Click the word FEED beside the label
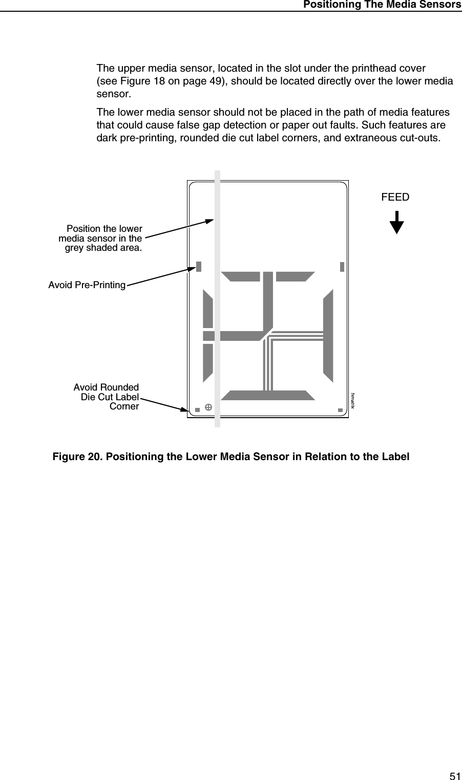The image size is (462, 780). pyautogui.click(x=395, y=197)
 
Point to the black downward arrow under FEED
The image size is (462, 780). pyautogui.click(x=396, y=223)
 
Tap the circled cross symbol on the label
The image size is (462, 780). pyautogui.click(x=208, y=407)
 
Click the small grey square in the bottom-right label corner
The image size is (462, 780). pyautogui.click(x=340, y=409)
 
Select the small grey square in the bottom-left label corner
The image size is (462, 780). pyautogui.click(x=197, y=409)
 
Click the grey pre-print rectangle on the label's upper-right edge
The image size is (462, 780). pyautogui.click(x=342, y=267)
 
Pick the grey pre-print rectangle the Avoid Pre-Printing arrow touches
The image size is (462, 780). pyautogui.click(x=199, y=267)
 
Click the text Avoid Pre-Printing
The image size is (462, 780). pyautogui.click(x=87, y=285)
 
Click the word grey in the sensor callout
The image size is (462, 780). pyautogui.click(x=75, y=248)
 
